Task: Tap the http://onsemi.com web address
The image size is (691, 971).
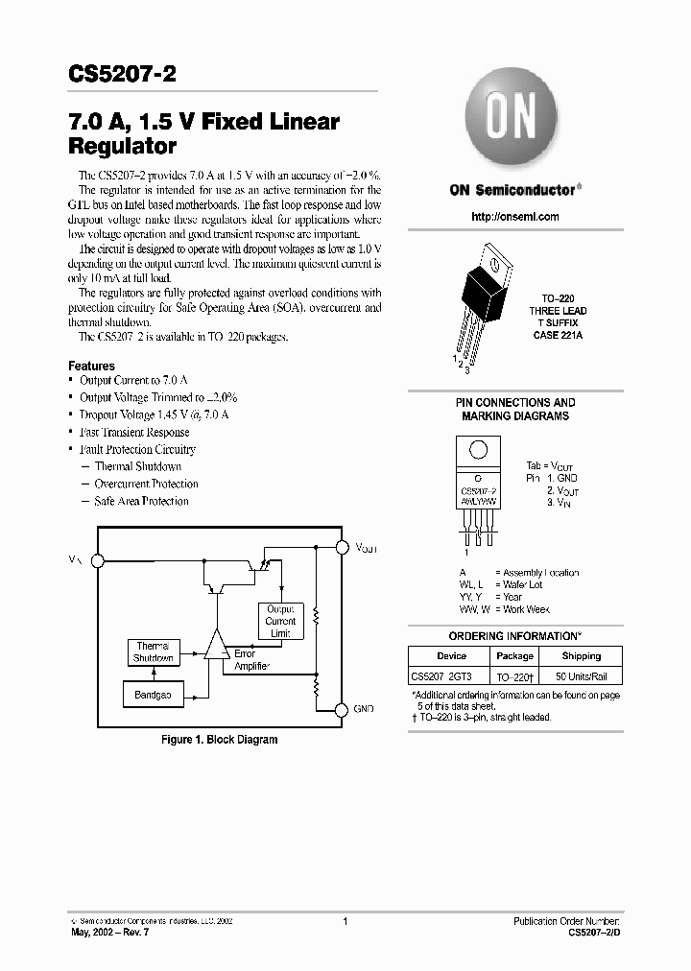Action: pyautogui.click(x=515, y=217)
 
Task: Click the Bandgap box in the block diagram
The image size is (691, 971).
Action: pyautogui.click(x=154, y=694)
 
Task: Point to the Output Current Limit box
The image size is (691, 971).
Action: pyautogui.click(x=281, y=621)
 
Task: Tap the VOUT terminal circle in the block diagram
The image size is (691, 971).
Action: pyautogui.click(x=342, y=547)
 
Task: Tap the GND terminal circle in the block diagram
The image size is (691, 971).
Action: pyautogui.click(x=342, y=710)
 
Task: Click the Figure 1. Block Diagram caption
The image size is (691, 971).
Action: pyautogui.click(x=218, y=740)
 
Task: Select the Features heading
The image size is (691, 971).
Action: pyautogui.click(x=92, y=366)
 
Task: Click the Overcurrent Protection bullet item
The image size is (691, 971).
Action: pyautogui.click(x=146, y=484)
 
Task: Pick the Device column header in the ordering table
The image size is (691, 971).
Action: pyautogui.click(x=451, y=656)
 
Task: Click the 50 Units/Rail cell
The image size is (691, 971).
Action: pyautogui.click(x=581, y=676)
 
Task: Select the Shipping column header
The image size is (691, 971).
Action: pyautogui.click(x=581, y=656)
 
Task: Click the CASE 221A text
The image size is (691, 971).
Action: pyautogui.click(x=558, y=335)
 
